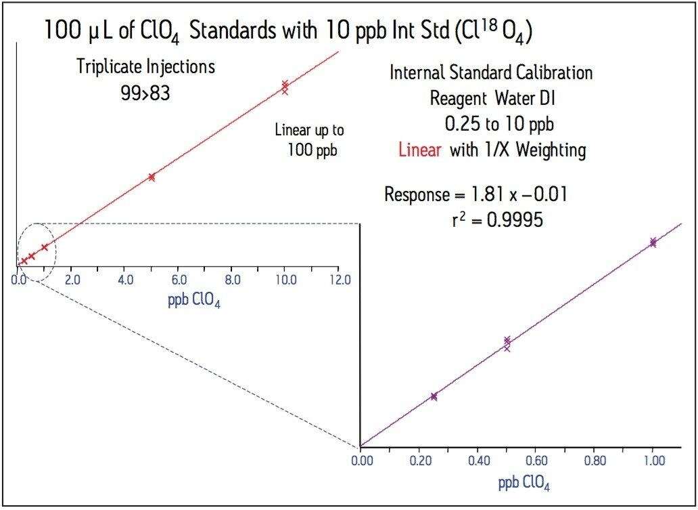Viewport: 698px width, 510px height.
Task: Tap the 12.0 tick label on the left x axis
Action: point(339,279)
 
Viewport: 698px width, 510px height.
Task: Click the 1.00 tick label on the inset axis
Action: point(653,460)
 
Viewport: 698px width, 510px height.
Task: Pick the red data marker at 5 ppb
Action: point(152,177)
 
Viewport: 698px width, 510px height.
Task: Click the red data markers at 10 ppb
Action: point(285,87)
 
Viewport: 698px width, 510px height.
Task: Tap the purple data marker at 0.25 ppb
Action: point(434,396)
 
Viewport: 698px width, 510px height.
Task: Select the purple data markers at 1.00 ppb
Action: point(653,242)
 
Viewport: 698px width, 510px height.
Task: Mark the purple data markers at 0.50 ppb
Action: point(507,343)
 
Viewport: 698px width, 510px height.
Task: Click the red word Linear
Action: point(419,150)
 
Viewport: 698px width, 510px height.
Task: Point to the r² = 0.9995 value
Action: point(497,219)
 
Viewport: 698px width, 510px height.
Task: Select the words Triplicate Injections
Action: point(145,66)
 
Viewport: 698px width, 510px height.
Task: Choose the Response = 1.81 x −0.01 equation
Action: point(475,194)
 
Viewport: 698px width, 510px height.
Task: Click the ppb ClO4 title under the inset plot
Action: point(528,484)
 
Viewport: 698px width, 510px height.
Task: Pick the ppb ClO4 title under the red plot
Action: point(194,300)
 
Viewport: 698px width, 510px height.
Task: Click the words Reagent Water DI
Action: point(492,99)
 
